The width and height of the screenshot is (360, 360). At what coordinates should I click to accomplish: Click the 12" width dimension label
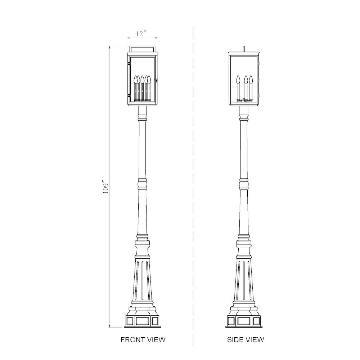pos(141,34)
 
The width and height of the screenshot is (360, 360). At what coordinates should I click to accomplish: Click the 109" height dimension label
pos(106,185)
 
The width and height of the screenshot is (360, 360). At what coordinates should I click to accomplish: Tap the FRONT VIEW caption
pos(143,339)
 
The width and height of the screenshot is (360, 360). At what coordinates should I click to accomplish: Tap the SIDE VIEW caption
pos(246,339)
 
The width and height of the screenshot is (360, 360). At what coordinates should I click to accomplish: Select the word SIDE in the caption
pos(235,339)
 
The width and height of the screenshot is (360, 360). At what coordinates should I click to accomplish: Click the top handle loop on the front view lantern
pos(143,46)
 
